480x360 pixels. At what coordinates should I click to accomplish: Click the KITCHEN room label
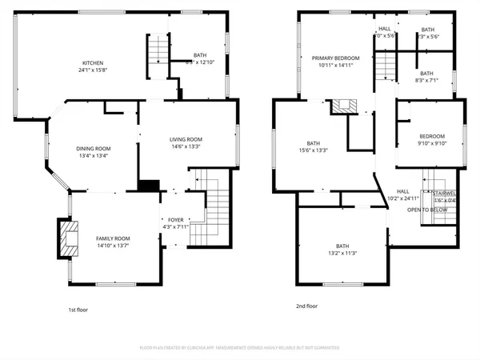(93, 63)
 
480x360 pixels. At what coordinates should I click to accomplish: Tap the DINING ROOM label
(94, 148)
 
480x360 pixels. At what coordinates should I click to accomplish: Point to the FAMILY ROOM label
(113, 238)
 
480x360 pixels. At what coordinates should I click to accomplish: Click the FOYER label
(175, 220)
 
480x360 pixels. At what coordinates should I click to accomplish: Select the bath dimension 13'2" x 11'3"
(342, 254)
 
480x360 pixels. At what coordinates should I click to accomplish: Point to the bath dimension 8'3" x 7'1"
(426, 81)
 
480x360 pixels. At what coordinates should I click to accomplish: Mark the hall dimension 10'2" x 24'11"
(403, 198)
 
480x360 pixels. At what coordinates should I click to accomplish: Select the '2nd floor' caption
(307, 306)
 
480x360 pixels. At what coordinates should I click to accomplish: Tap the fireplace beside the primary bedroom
(346, 105)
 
